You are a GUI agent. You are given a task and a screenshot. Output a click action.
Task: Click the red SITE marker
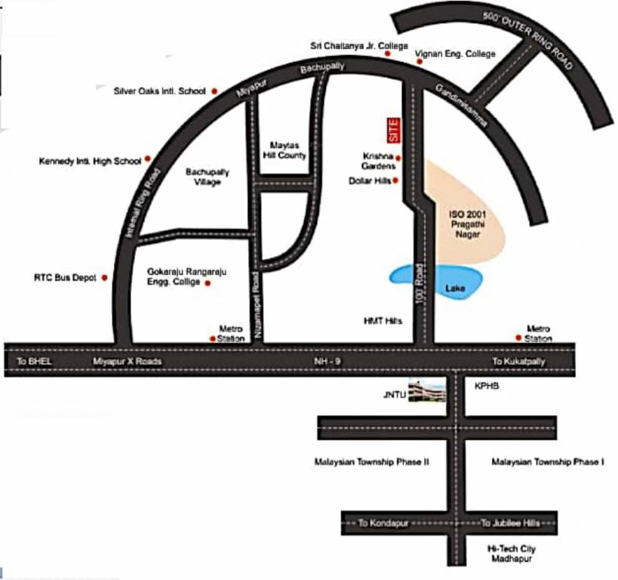(x=392, y=130)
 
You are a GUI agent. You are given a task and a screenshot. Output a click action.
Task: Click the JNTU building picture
(x=427, y=390)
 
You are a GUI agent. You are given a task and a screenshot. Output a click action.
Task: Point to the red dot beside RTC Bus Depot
(x=104, y=278)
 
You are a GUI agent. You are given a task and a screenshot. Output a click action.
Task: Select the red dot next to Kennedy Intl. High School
(x=148, y=159)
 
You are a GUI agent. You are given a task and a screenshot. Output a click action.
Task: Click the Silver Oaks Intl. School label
(x=159, y=91)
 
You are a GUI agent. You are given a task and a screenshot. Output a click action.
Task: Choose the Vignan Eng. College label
(x=456, y=54)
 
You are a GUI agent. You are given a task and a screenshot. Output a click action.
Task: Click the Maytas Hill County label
(x=287, y=150)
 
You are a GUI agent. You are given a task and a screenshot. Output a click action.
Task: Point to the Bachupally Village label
(x=208, y=177)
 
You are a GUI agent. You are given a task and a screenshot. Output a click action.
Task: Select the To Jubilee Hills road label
(x=511, y=523)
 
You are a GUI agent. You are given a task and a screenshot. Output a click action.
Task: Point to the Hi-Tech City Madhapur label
(x=512, y=554)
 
